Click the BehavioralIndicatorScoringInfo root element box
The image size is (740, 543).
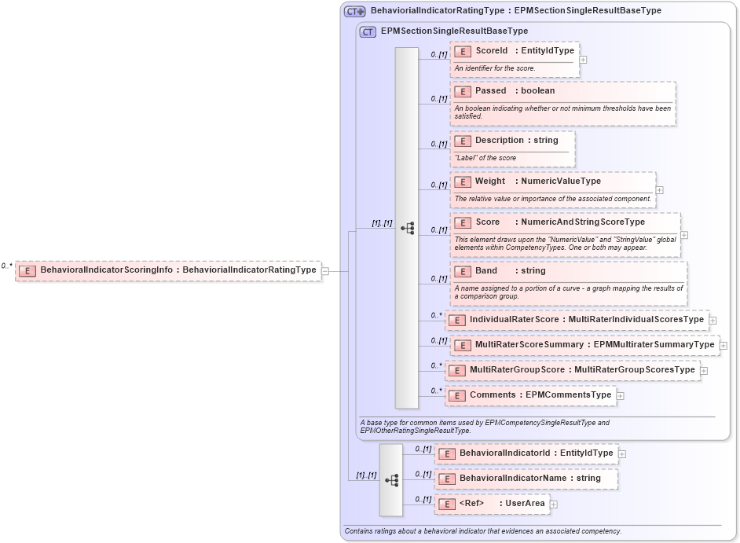point(168,270)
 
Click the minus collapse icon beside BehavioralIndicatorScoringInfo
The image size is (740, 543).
point(325,270)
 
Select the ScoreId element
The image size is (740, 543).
point(515,51)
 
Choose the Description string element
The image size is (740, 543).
point(514,141)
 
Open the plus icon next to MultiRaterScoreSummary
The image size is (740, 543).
point(724,345)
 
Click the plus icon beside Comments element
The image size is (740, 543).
point(621,395)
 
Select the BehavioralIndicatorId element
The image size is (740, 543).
point(526,453)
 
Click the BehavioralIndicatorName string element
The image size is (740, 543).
point(526,479)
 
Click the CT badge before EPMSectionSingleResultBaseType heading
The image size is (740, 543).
point(368,31)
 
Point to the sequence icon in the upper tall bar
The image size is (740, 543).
point(407,228)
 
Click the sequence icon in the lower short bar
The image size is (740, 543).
point(391,479)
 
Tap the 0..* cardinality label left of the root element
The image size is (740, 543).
point(7,266)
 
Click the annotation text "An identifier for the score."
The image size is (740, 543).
point(496,68)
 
